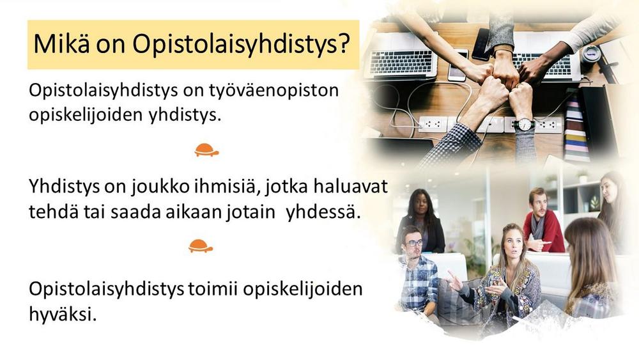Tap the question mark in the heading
tap(344, 43)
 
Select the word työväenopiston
tap(274, 91)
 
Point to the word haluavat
tap(350, 187)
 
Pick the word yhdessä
tap(323, 212)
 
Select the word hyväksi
tap(63, 315)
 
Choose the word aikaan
tap(194, 212)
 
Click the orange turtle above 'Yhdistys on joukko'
tap(206, 150)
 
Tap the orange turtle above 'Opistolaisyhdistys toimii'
tap(201, 246)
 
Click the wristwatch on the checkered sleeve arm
tap(524, 124)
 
